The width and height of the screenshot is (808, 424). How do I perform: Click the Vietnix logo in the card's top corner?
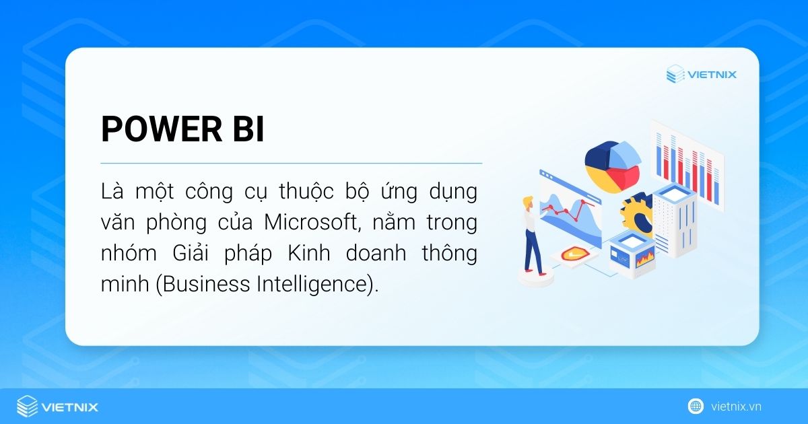pyautogui.click(x=701, y=74)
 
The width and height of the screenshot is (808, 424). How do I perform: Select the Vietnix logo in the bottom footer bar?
pyautogui.click(x=57, y=407)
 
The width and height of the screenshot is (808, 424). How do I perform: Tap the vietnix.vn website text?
pyautogui.click(x=736, y=407)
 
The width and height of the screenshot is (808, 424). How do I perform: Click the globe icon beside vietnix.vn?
pyautogui.click(x=696, y=407)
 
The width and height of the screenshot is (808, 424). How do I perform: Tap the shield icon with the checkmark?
pyautogui.click(x=569, y=254)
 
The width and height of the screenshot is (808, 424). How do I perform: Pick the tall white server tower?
pyautogui.click(x=674, y=215)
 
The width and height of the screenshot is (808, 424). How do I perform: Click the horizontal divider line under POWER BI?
pyautogui.click(x=291, y=163)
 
